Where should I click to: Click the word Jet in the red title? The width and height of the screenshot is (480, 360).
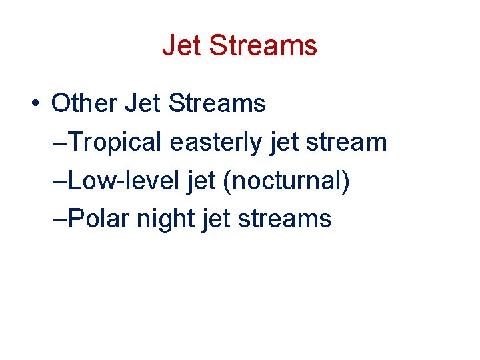point(182,45)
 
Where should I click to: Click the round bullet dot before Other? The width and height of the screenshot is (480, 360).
point(33,104)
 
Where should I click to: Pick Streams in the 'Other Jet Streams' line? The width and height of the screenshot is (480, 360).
point(217,103)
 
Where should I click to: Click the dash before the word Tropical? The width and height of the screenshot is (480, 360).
point(59,142)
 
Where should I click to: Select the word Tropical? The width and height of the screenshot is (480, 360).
point(116,142)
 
